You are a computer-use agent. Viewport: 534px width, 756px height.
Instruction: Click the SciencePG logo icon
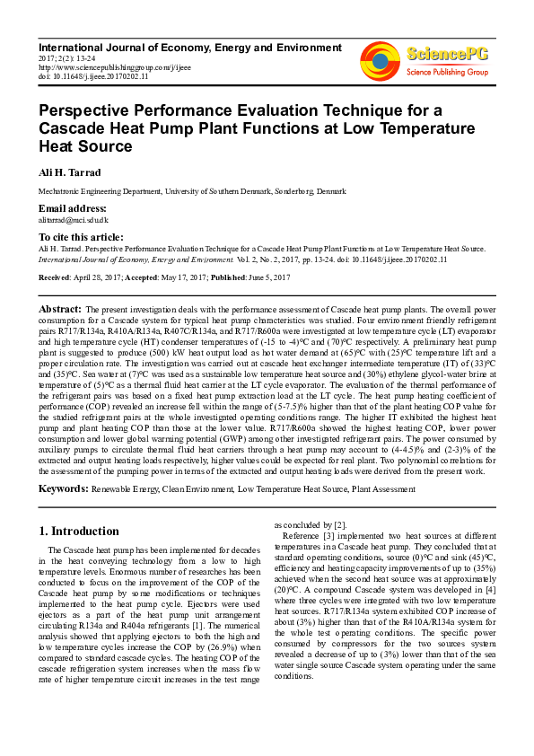[x=380, y=60]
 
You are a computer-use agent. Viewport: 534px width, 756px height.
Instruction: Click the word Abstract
[x=60, y=308]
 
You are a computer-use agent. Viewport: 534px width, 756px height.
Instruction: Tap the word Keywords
[x=63, y=488]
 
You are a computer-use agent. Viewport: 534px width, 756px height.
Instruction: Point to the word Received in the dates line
[x=55, y=277]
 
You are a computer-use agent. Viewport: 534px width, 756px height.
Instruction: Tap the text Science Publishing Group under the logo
[x=447, y=71]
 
